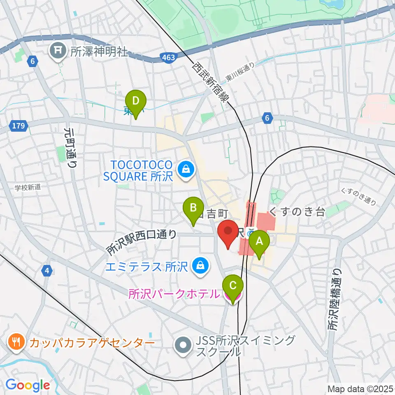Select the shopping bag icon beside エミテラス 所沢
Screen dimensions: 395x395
click(x=200, y=267)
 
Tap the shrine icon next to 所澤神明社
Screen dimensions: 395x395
click(x=58, y=51)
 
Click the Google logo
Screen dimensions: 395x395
click(x=27, y=385)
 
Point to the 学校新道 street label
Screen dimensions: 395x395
click(x=28, y=187)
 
